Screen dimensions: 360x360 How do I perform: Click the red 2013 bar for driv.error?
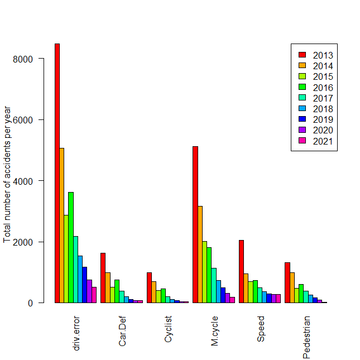click(57, 173)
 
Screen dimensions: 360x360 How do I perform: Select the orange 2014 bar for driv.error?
click(61, 225)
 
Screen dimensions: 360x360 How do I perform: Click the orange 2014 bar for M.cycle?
click(200, 255)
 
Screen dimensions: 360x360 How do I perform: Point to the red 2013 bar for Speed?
click(241, 271)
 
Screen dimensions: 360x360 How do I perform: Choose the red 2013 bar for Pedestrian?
click(287, 282)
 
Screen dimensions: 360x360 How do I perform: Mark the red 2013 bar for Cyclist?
click(149, 287)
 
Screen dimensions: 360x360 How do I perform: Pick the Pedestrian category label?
click(306, 337)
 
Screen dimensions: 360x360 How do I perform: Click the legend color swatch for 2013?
click(302, 55)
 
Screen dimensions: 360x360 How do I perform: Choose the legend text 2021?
click(323, 141)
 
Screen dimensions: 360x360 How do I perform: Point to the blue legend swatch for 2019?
click(302, 119)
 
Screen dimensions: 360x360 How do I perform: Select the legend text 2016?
click(323, 87)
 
